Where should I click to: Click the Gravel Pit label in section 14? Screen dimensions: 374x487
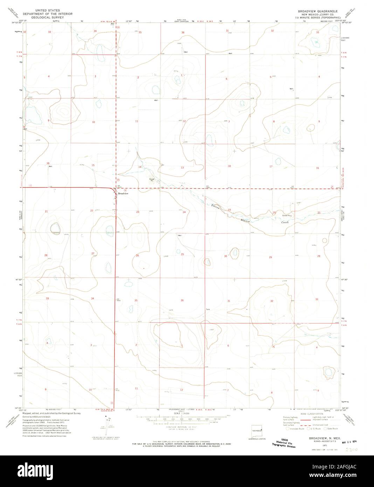(x=152, y=180)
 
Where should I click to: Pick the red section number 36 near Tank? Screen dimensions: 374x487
(x=182, y=300)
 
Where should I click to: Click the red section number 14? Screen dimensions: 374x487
(x=139, y=167)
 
